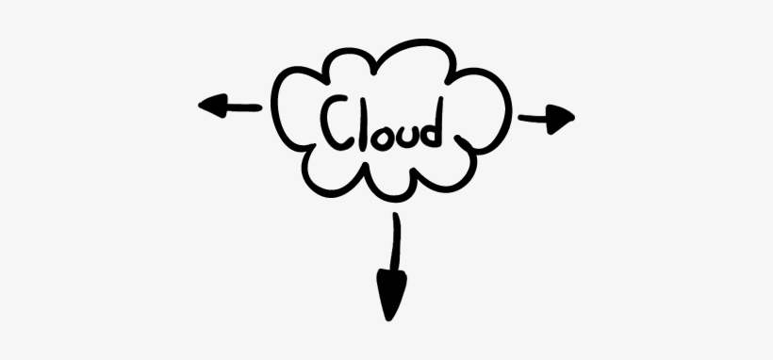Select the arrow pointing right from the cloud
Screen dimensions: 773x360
pos(546,117)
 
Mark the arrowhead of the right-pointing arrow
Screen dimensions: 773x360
pos(560,117)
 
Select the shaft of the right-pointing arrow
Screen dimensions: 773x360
pos(533,117)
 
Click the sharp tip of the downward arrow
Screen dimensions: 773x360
pos(388,319)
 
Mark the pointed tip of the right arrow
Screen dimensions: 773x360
pos(572,117)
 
